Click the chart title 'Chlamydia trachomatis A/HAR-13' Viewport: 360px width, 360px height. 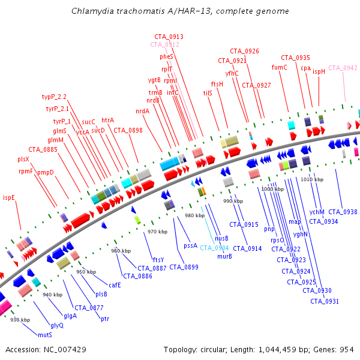179,11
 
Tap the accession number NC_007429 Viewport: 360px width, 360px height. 46,349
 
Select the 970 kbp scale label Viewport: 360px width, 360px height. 157,232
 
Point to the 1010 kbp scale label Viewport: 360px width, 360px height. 312,179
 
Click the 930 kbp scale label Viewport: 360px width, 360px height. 20,320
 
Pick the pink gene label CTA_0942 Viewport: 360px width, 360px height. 343,68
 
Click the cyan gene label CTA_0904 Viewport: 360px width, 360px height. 214,248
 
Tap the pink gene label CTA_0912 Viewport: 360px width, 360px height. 164,44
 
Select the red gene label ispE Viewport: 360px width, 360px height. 9,197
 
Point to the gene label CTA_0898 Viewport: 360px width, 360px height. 128,130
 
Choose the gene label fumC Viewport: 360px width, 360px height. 280,67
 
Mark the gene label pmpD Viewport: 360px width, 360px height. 46,173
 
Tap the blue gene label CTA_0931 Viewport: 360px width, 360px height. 325,301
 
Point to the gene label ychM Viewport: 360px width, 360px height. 317,212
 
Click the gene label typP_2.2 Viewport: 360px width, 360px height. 54,97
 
